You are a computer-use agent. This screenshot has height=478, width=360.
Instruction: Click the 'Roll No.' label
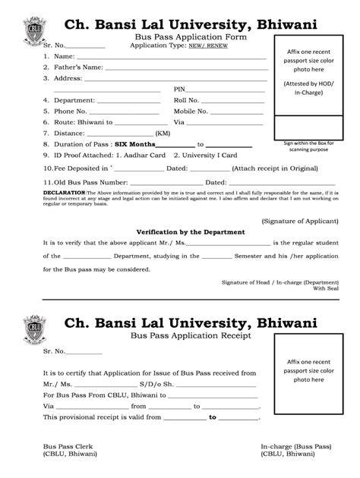coord(186,99)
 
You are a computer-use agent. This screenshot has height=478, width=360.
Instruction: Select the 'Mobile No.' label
coord(191,111)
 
